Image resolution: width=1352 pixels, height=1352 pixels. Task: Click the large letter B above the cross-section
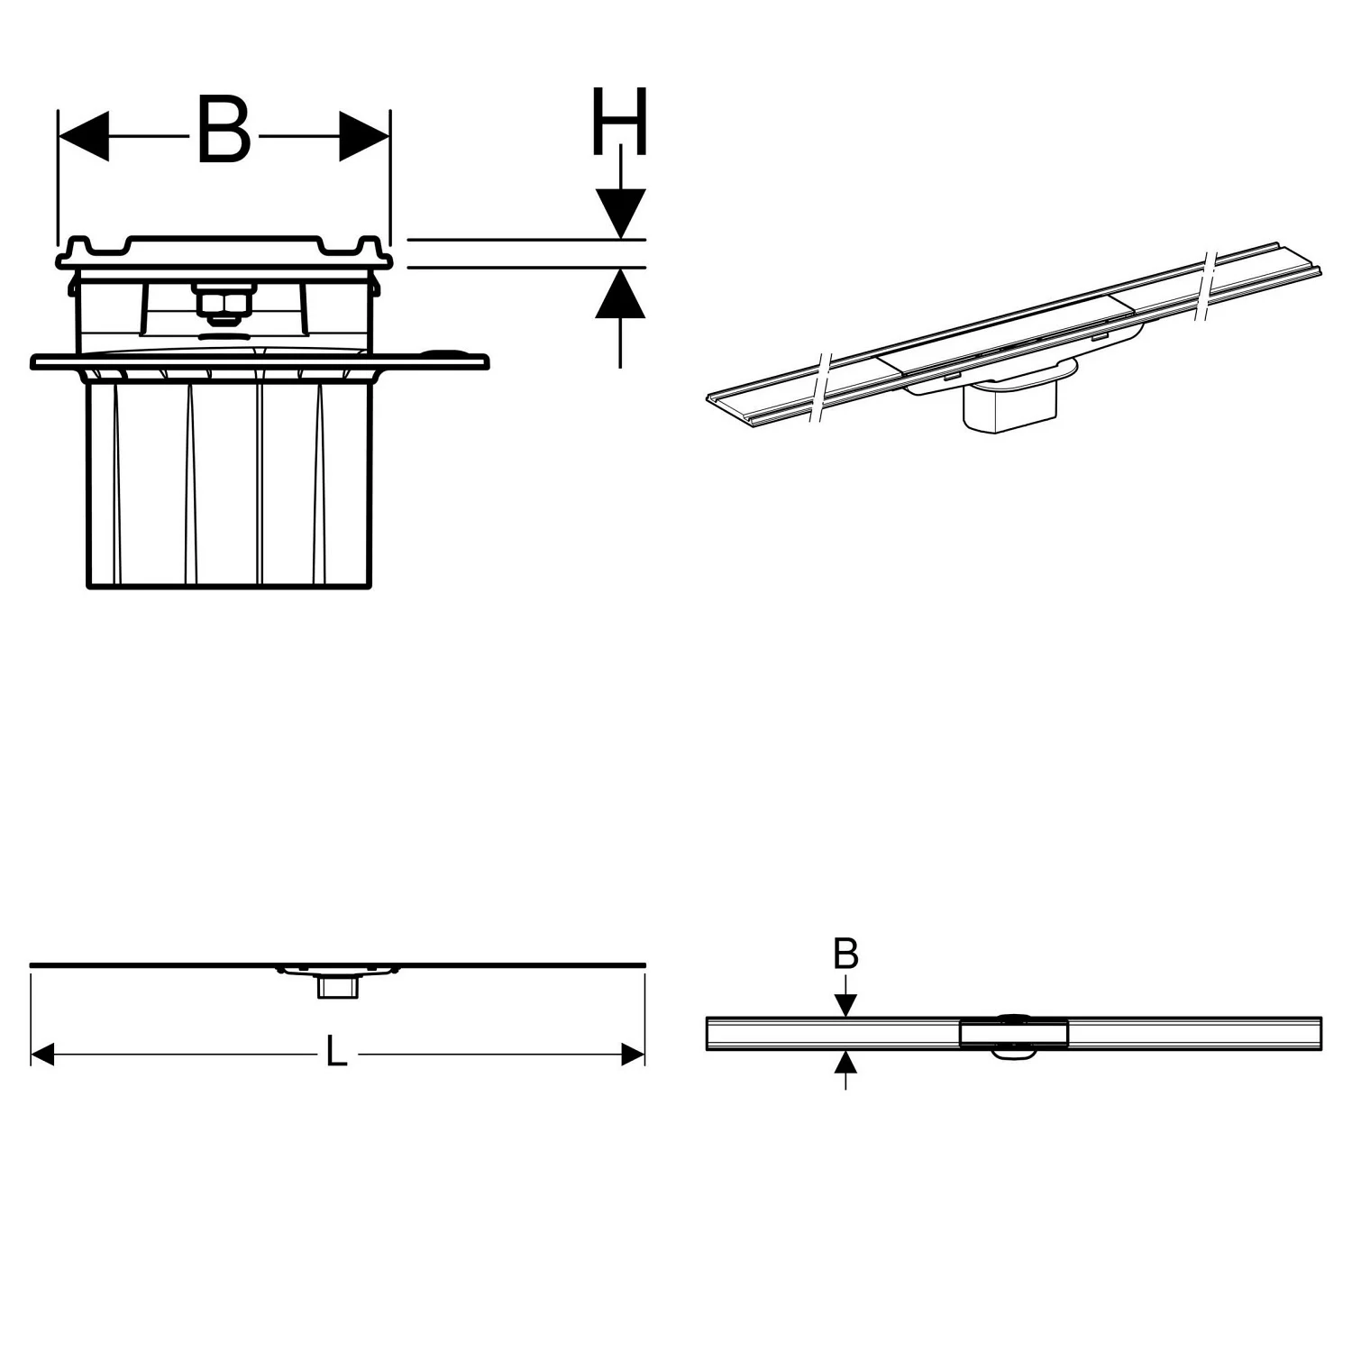pos(224,132)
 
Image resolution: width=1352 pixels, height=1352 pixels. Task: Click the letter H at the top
pos(619,121)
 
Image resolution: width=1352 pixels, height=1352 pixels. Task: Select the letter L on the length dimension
pos(336,1052)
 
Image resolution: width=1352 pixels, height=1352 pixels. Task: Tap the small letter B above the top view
pos(845,954)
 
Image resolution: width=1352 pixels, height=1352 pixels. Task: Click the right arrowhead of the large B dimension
pos(364,137)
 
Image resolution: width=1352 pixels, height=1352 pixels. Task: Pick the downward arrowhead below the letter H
pos(620,215)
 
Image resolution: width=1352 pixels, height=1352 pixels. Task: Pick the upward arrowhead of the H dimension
pos(620,295)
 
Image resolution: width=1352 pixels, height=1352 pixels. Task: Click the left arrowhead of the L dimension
pos(43,1054)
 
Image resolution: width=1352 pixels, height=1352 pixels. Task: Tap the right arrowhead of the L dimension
pos(633,1054)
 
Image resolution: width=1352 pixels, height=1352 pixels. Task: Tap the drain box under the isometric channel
pos(1009,405)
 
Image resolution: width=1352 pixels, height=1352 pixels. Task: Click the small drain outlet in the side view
pos(336,987)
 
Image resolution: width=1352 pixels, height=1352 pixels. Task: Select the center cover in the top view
pos(1015,1033)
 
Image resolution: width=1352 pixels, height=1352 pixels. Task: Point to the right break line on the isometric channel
pos(1208,285)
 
